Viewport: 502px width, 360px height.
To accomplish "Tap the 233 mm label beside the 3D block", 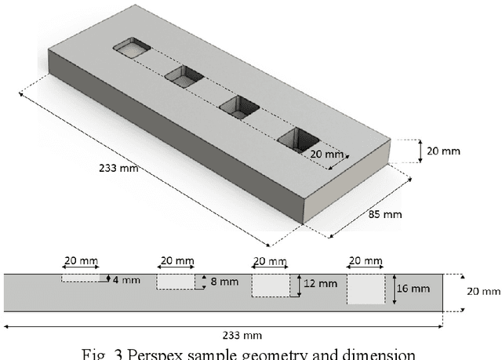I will (x=117, y=169).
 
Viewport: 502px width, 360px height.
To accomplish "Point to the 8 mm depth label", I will (x=218, y=282).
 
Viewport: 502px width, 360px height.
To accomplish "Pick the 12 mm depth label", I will (x=318, y=284).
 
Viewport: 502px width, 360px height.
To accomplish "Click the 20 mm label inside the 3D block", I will (x=325, y=154).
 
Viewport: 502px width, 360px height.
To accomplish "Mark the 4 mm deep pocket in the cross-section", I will (x=84, y=278).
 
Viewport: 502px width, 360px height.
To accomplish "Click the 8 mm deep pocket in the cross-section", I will (x=175, y=282).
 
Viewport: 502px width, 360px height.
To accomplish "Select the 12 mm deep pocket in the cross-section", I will (x=271, y=285).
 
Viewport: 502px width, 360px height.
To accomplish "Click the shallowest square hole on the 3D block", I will (x=133, y=49).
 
